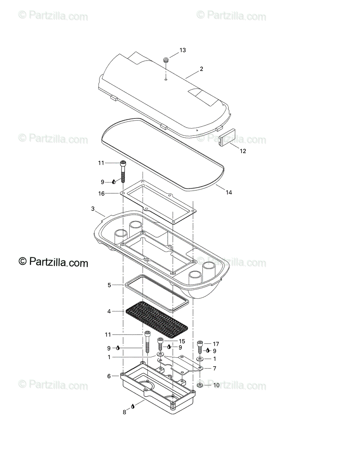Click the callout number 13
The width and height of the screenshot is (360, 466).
pyautogui.click(x=183, y=50)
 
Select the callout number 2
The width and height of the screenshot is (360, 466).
pyautogui.click(x=201, y=69)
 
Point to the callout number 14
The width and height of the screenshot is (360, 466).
pyautogui.click(x=229, y=192)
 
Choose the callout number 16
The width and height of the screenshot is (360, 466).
pyautogui.click(x=101, y=193)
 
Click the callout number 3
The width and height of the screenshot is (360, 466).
pyautogui.click(x=93, y=209)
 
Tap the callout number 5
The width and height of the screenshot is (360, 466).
pyautogui.click(x=110, y=285)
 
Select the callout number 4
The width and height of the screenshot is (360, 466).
pyautogui.click(x=110, y=311)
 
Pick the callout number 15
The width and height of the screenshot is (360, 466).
pyautogui.click(x=182, y=341)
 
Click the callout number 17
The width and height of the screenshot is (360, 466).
pyautogui.click(x=216, y=344)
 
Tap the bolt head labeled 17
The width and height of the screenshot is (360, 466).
pyautogui.click(x=200, y=343)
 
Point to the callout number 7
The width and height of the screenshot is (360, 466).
pyautogui.click(x=214, y=368)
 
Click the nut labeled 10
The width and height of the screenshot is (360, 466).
pyautogui.click(x=199, y=385)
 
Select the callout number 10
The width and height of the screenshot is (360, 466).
pyautogui.click(x=216, y=385)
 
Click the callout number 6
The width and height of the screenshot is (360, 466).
pyautogui.click(x=109, y=376)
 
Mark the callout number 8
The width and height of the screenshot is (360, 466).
pyautogui.click(x=125, y=412)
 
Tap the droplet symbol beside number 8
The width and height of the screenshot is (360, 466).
pyautogui.click(x=133, y=406)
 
